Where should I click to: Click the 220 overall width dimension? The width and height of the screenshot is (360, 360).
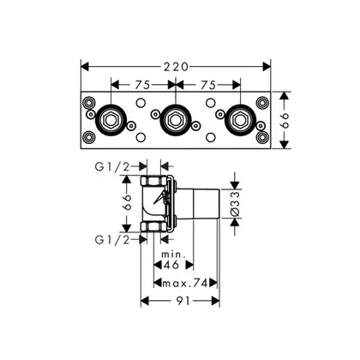click(x=176, y=67)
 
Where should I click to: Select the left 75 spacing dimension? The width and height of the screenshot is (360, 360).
click(x=142, y=85)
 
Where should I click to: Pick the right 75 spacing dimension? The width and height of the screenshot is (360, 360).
click(x=208, y=85)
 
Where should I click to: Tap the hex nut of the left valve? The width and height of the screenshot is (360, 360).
click(x=111, y=120)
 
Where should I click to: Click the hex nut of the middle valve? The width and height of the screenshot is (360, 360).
click(x=176, y=120)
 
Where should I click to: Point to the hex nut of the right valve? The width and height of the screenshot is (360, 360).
click(x=240, y=120)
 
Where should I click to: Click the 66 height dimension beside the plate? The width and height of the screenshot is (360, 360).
click(x=285, y=120)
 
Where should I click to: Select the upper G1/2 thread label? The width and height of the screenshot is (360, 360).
click(x=112, y=167)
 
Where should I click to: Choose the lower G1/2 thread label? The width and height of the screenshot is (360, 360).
click(x=112, y=240)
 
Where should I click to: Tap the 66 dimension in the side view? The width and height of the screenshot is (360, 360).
click(x=127, y=202)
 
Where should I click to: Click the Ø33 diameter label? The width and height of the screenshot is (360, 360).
click(x=235, y=204)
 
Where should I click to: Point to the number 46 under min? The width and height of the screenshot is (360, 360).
click(x=171, y=265)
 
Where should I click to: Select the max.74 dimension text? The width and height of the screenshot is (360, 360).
click(x=184, y=284)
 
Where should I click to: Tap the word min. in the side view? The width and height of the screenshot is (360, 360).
click(x=173, y=255)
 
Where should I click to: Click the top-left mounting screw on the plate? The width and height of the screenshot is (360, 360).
click(x=88, y=102)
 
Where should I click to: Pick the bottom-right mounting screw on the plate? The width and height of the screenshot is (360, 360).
click(x=262, y=137)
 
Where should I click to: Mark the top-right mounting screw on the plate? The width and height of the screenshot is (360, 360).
click(x=262, y=102)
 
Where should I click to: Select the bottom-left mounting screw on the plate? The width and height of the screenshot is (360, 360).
click(x=88, y=137)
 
